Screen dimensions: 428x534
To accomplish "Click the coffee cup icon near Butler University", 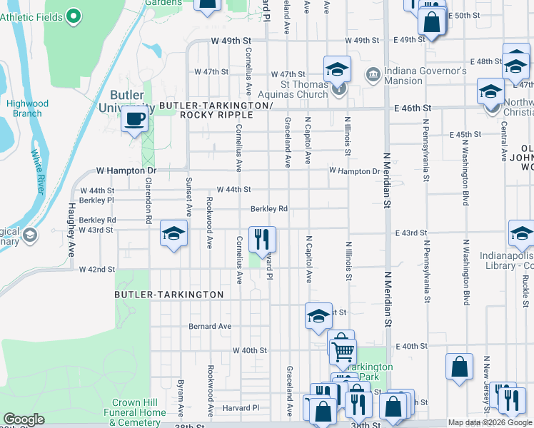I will [x=133, y=120].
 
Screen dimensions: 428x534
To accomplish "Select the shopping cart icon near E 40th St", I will [x=343, y=349].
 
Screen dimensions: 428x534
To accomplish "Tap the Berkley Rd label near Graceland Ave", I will [x=269, y=209].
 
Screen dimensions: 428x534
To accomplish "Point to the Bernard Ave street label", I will [x=210, y=326].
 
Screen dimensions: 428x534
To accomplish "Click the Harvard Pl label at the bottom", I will [x=241, y=408].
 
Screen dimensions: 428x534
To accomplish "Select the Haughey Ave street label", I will [x=72, y=230].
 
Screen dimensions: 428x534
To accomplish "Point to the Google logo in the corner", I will [x=24, y=419].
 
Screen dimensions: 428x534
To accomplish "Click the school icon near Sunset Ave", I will [x=173, y=235].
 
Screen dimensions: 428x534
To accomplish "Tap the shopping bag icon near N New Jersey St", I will [x=460, y=367].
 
